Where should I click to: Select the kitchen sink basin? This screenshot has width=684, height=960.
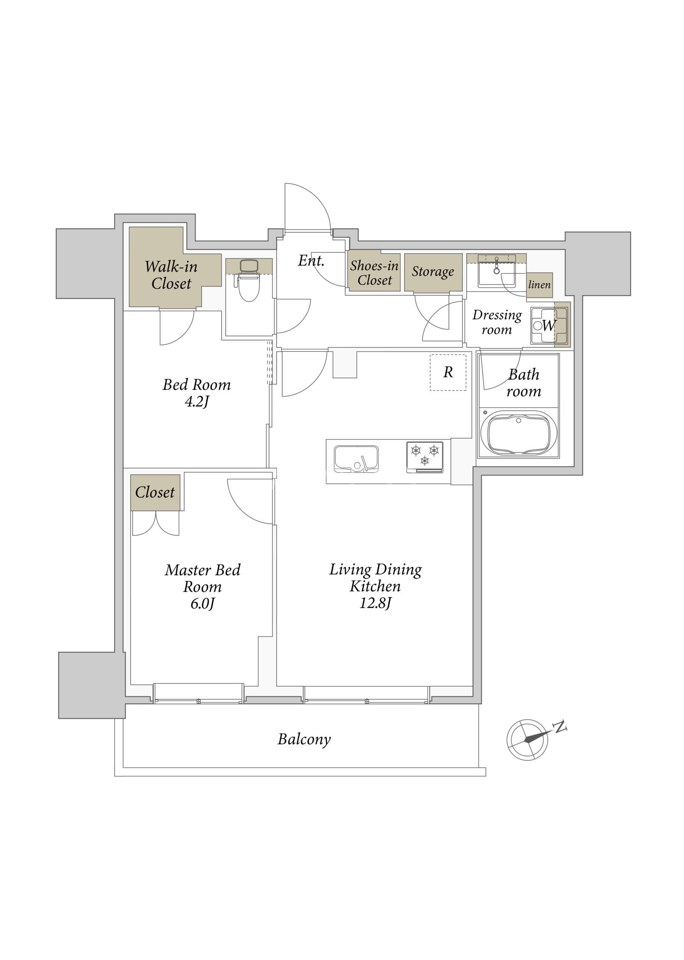(x=356, y=459)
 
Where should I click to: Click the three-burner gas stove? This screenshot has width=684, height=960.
(x=425, y=457)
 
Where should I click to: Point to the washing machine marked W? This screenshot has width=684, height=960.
(x=549, y=326)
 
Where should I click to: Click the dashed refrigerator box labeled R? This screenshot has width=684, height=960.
(x=448, y=372)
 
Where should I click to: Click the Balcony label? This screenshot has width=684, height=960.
(x=304, y=739)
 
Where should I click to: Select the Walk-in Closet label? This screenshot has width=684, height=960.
(x=171, y=275)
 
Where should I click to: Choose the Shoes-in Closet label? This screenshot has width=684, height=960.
(x=374, y=273)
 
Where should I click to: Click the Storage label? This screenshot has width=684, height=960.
(x=433, y=272)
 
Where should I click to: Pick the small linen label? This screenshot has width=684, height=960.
(x=540, y=285)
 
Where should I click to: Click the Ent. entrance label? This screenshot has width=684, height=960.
(x=311, y=261)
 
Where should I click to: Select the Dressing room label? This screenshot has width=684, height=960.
(x=497, y=322)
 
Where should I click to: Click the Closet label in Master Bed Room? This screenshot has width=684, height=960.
(x=154, y=492)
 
